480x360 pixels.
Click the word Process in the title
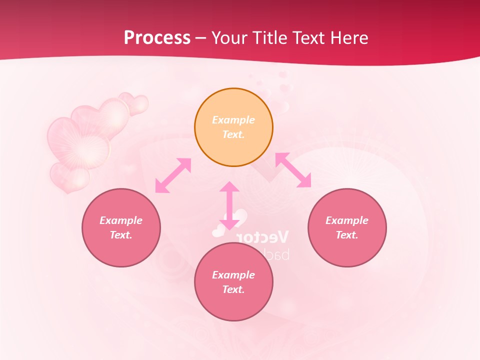click(157, 37)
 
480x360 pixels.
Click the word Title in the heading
click(270, 37)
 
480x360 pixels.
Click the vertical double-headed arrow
click(229, 205)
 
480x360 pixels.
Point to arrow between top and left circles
click(173, 175)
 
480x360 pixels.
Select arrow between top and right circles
click(293, 170)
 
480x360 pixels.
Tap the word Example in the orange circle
click(233, 120)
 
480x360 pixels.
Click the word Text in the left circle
click(120, 235)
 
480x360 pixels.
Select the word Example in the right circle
click(347, 220)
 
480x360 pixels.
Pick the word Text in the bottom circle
click(233, 289)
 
